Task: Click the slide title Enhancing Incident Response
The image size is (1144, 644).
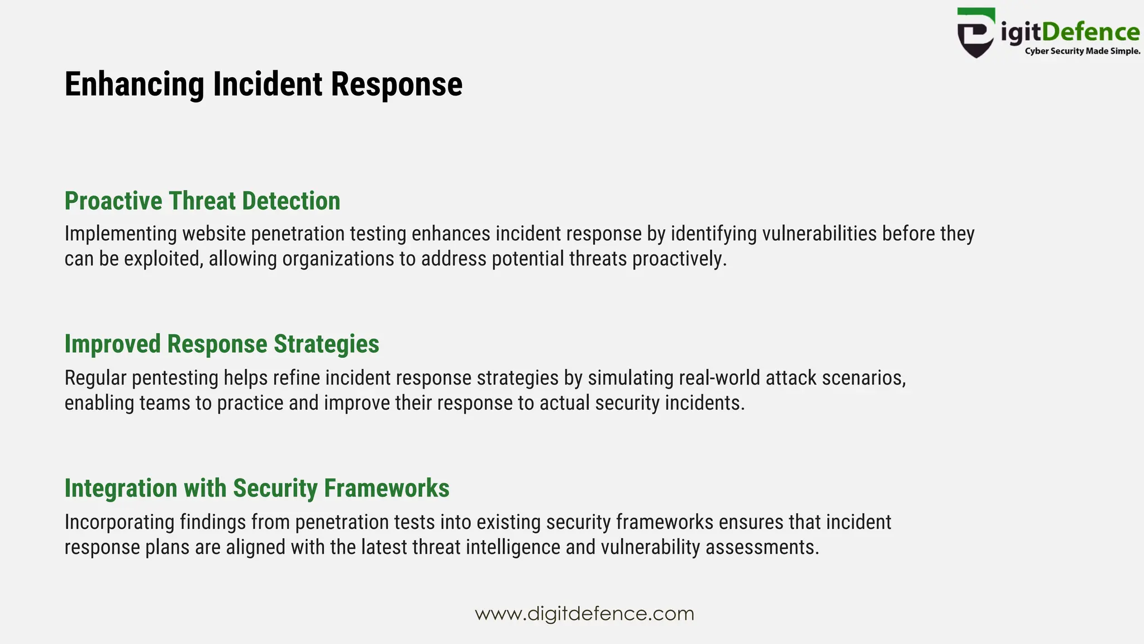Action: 263,84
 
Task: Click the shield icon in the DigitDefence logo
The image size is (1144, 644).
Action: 975,33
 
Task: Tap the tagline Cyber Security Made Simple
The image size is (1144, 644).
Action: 1082,51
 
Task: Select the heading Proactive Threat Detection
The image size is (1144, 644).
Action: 202,201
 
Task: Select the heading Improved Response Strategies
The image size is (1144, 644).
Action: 222,344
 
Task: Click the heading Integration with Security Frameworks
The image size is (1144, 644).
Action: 256,489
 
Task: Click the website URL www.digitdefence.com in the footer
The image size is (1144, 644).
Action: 584,614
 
